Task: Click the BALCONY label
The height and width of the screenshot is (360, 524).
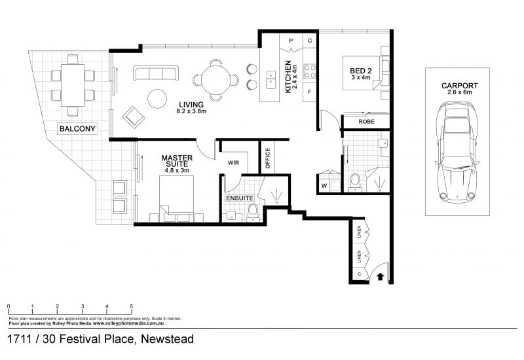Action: (x=77, y=128)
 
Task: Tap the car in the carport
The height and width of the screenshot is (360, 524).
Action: (x=457, y=153)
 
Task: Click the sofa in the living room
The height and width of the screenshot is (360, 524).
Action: (x=156, y=73)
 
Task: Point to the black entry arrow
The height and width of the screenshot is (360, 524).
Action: (x=381, y=276)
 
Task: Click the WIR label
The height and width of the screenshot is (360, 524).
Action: (x=234, y=162)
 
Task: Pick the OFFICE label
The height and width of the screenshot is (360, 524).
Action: (x=268, y=158)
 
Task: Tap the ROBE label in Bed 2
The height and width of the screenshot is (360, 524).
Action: (x=366, y=122)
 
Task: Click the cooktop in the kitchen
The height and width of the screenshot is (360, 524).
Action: (x=310, y=71)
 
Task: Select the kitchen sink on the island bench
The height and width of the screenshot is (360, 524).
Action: (x=271, y=79)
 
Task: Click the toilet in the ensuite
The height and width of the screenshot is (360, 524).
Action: (x=253, y=213)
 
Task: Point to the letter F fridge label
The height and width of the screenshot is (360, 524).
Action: (x=310, y=92)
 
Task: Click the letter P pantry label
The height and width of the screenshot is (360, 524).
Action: (x=291, y=41)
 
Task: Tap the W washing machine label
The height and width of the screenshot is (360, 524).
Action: (x=324, y=186)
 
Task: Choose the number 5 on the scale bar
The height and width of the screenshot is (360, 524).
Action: (x=132, y=306)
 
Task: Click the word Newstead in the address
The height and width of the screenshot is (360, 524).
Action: (x=168, y=339)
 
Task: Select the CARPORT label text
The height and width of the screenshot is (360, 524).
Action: (x=460, y=86)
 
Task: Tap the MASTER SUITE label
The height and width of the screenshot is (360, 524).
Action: (x=177, y=161)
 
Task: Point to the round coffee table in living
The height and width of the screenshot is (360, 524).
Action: (x=157, y=99)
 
